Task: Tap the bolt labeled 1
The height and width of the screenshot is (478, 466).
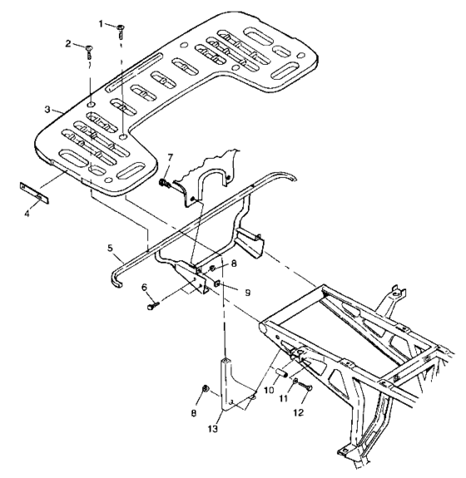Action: pyautogui.click(x=121, y=30)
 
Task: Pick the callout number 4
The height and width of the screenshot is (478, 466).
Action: pyautogui.click(x=30, y=211)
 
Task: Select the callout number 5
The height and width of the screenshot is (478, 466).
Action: pyautogui.click(x=109, y=247)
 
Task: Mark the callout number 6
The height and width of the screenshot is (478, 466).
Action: pyautogui.click(x=146, y=288)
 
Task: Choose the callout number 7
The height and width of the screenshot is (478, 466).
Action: pyautogui.click(x=171, y=158)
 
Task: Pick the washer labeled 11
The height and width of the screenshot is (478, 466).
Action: pyautogui.click(x=295, y=382)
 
